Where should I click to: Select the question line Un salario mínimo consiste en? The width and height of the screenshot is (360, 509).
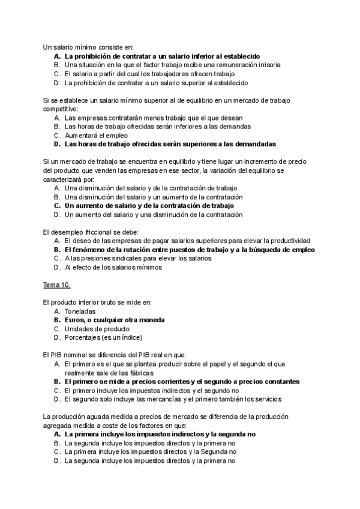(88, 46)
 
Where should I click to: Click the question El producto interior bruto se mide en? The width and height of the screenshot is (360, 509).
(97, 303)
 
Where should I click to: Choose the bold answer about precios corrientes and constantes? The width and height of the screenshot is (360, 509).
(182, 381)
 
